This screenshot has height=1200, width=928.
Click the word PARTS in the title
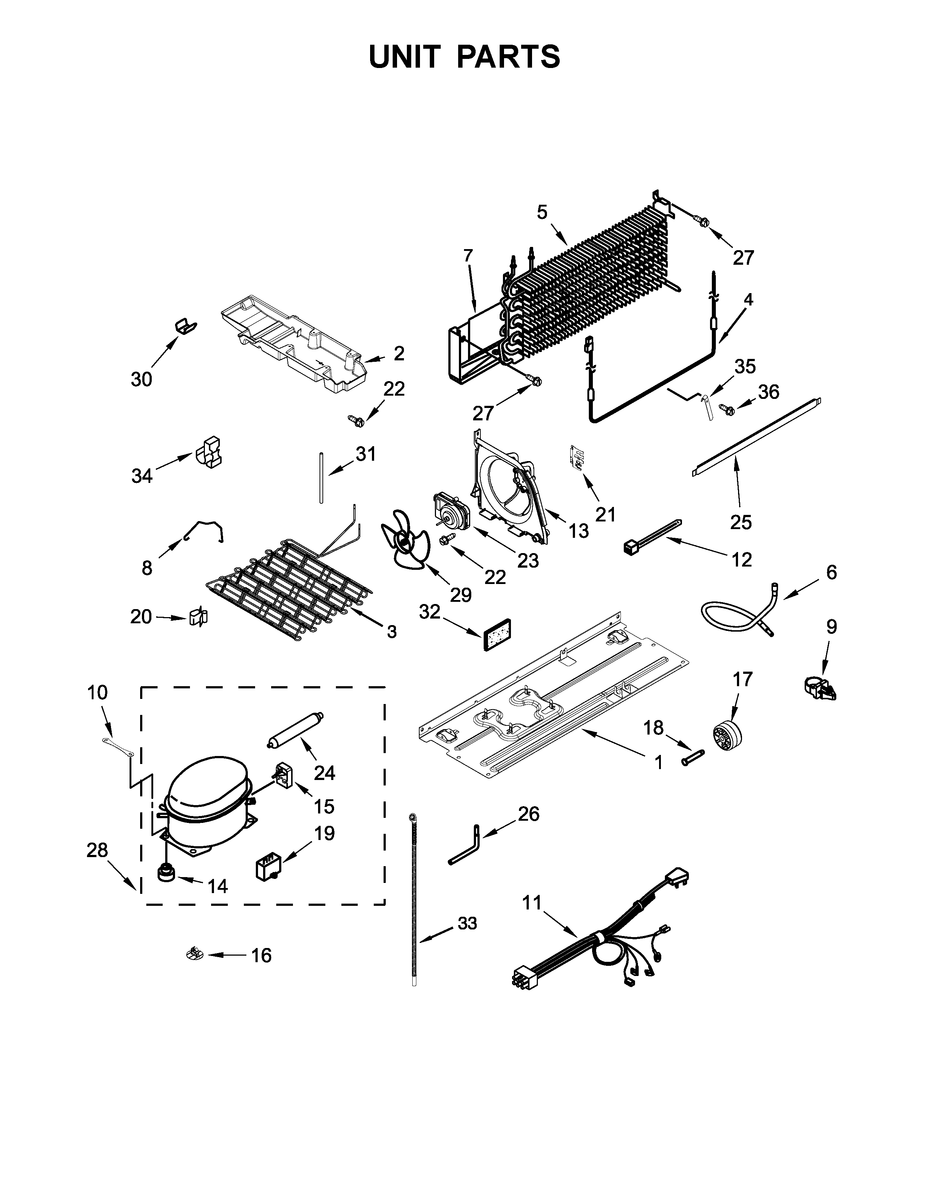tap(508, 57)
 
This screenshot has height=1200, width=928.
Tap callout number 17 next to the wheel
tap(742, 679)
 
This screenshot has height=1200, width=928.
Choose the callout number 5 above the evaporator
tap(542, 212)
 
